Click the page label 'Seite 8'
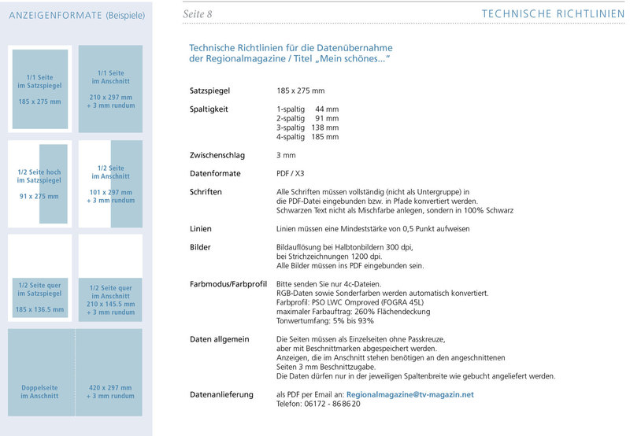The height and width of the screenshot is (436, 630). (197, 14)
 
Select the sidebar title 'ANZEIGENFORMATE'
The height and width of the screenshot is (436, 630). (52, 15)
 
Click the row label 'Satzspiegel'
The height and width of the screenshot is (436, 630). (209, 91)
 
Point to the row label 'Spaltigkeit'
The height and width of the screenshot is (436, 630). (209, 109)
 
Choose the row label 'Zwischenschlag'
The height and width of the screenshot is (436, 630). (215, 155)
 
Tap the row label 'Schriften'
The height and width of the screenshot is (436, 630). (206, 191)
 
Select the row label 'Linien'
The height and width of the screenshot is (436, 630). (201, 228)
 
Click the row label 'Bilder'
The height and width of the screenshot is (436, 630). (201, 247)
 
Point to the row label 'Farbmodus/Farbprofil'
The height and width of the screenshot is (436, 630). (228, 283)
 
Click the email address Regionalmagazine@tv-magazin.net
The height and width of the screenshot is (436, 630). (409, 394)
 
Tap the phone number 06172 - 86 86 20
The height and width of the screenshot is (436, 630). (330, 404)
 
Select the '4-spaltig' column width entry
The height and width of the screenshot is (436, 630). (308, 137)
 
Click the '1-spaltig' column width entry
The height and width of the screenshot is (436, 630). (308, 109)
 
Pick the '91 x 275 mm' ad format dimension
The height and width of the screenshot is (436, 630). (39, 196)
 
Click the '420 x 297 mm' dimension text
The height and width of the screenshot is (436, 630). (110, 388)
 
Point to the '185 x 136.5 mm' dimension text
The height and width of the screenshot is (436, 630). (39, 309)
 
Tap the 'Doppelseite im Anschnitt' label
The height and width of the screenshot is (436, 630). (39, 392)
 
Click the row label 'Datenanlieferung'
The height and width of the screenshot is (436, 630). (221, 394)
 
